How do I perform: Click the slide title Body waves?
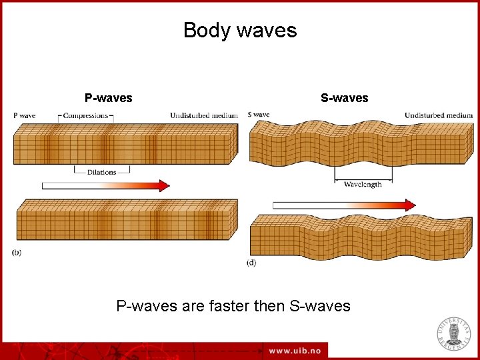[240, 31]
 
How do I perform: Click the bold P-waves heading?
[108, 98]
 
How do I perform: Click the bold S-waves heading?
[344, 98]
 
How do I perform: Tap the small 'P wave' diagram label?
[25, 116]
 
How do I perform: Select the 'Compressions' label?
[85, 116]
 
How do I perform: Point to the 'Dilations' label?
[101, 172]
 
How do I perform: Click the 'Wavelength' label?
[363, 185]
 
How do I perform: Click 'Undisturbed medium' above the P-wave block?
[203, 116]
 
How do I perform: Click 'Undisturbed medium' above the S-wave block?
[438, 116]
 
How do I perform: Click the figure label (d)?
[251, 263]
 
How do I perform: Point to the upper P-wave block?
[123, 145]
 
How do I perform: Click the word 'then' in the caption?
[269, 306]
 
